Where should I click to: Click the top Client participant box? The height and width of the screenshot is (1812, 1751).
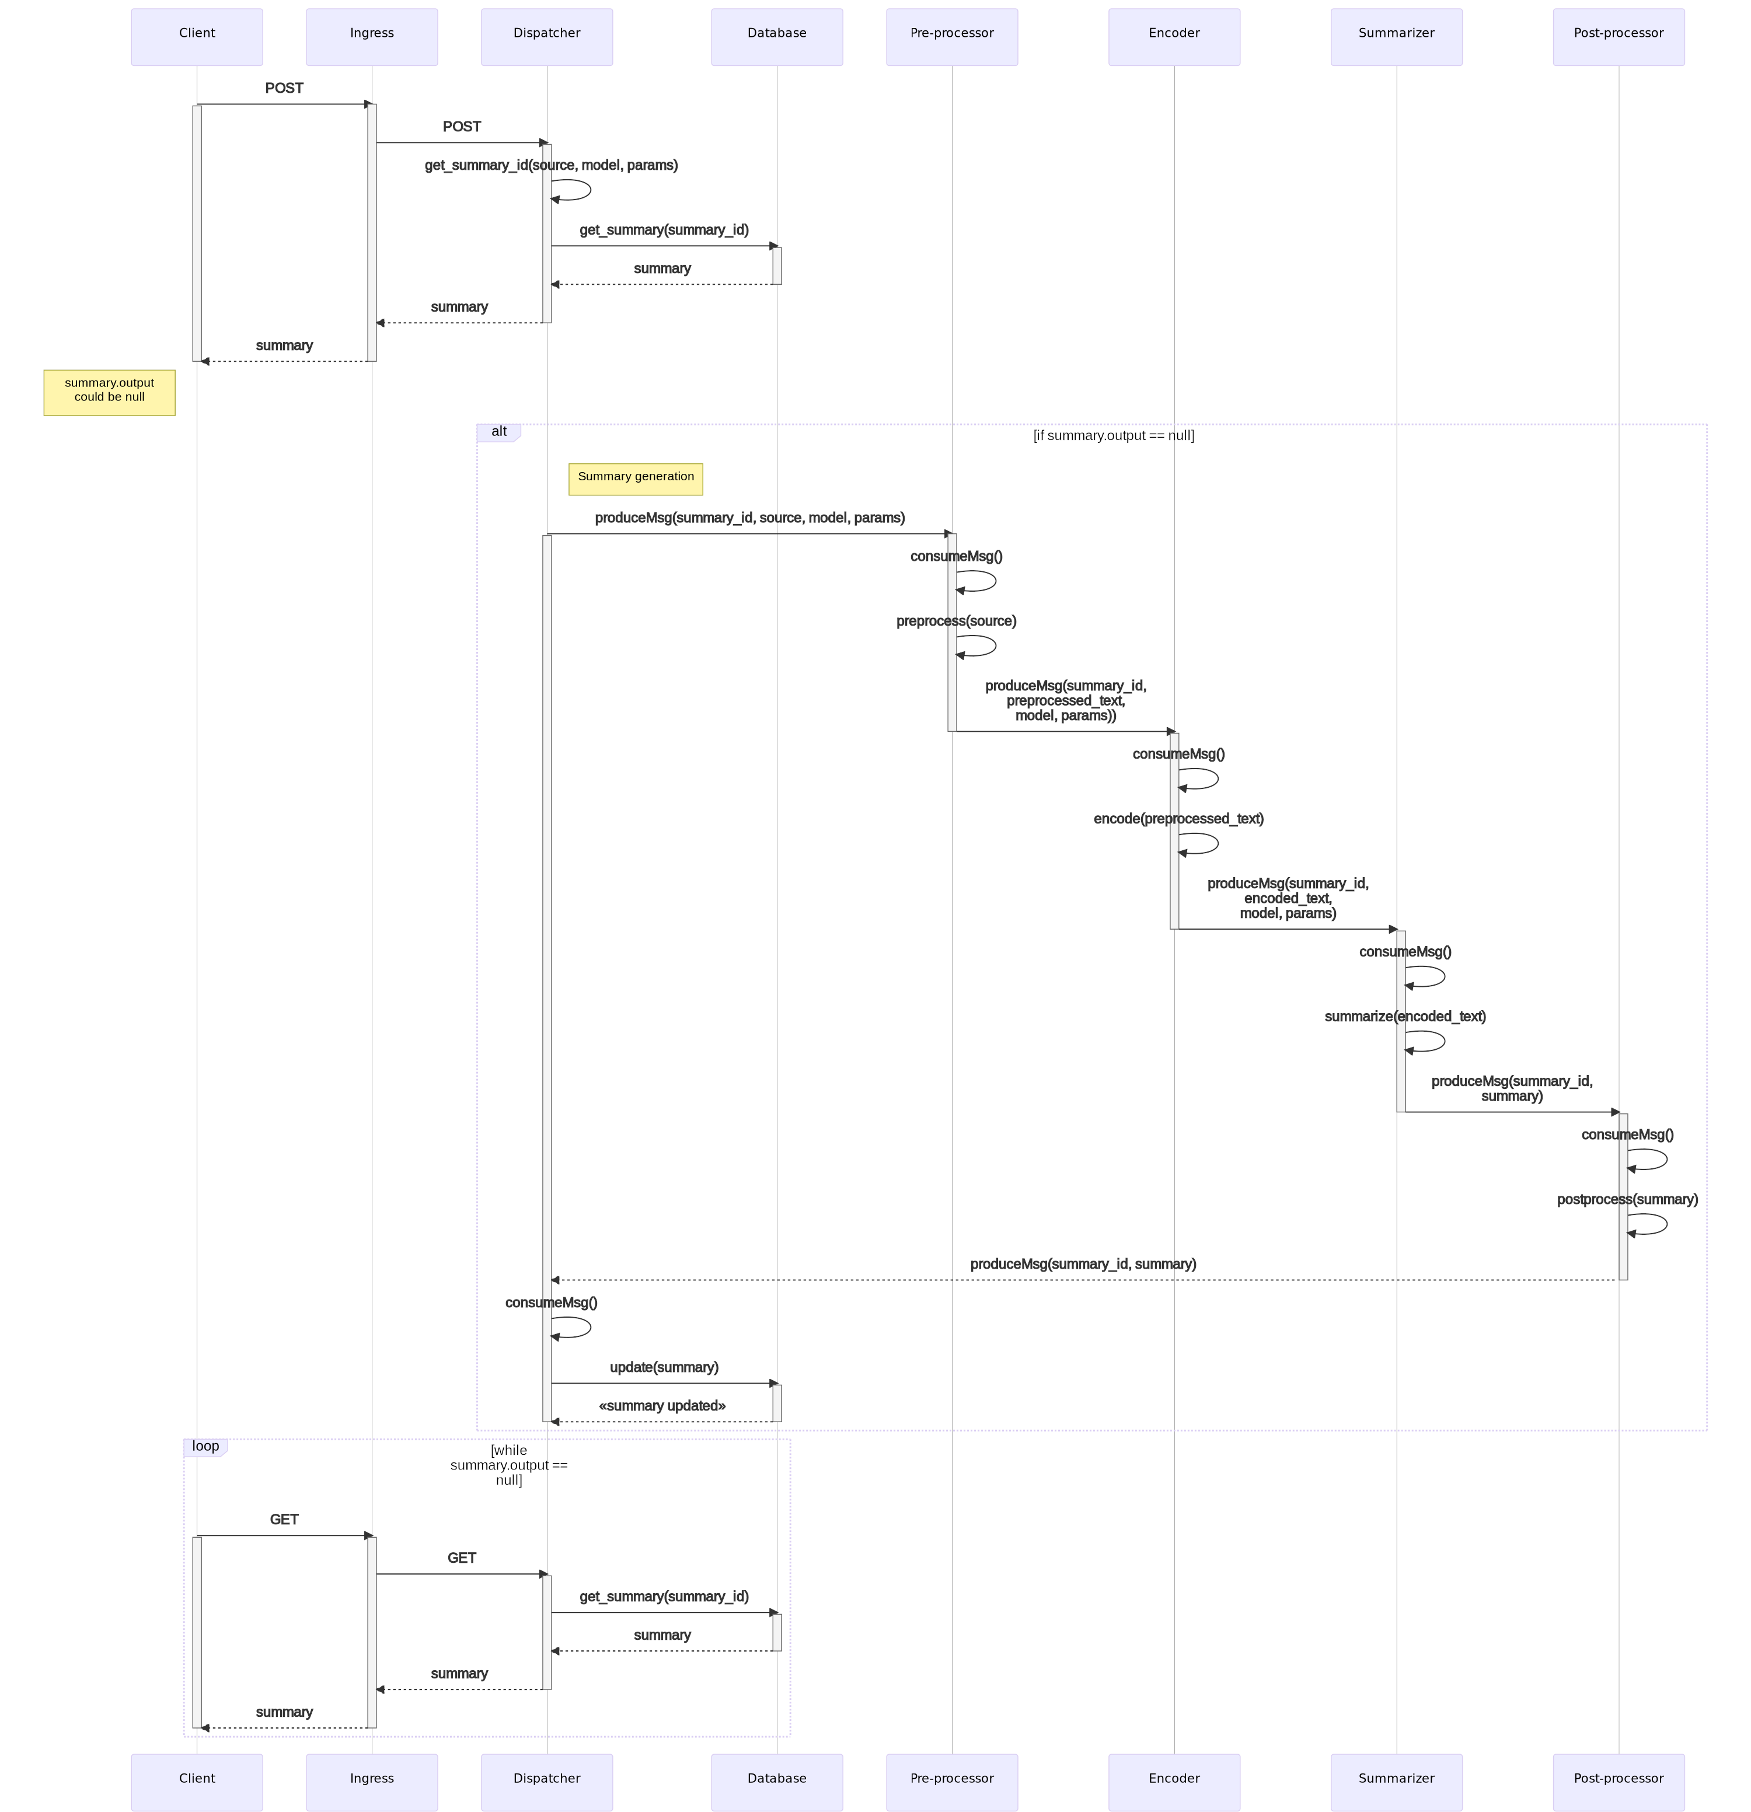[197, 37]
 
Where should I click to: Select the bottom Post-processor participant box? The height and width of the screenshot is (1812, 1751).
[1618, 1782]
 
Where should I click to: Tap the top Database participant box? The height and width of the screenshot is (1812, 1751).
[777, 37]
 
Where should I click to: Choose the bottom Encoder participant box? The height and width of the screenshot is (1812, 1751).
[1174, 1782]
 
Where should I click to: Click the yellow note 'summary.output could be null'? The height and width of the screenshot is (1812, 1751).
[109, 392]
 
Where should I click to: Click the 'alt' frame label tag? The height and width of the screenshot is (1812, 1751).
[499, 432]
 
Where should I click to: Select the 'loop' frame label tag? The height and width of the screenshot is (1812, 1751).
[205, 1447]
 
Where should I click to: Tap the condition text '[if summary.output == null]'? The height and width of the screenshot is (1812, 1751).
[1113, 435]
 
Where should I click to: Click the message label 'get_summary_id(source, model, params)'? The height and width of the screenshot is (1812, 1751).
[551, 166]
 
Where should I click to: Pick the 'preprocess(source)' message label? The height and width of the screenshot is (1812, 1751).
[956, 622]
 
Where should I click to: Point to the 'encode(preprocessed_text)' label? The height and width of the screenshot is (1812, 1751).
[1178, 819]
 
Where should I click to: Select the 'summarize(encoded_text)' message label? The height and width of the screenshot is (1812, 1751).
[1404, 1017]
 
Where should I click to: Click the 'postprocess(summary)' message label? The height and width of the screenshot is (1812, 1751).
[1627, 1200]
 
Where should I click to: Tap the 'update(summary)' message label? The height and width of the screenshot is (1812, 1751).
[664, 1367]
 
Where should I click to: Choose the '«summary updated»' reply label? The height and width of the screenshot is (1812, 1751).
[662, 1406]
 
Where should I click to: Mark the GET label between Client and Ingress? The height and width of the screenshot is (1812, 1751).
[284, 1520]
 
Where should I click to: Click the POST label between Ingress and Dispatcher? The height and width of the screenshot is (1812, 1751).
[461, 127]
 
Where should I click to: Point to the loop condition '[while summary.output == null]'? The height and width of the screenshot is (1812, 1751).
[508, 1465]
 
